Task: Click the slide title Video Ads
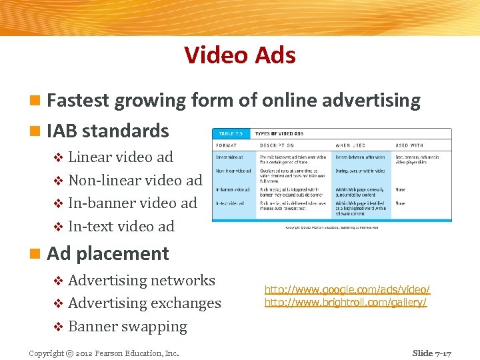coord(240,55)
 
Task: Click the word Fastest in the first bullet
coord(78,101)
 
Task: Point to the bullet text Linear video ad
coord(120,157)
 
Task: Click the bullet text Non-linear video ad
coord(135,181)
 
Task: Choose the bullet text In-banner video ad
coord(132,203)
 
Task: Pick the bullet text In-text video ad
coord(121,227)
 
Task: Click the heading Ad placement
coord(107,254)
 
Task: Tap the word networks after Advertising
coord(183,281)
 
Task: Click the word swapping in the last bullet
coord(155,327)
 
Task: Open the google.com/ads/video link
coord(347,290)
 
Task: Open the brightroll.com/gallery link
coord(345,302)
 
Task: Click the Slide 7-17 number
coord(431,353)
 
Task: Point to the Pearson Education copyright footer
coord(103,353)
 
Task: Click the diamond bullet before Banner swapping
coord(57,327)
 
